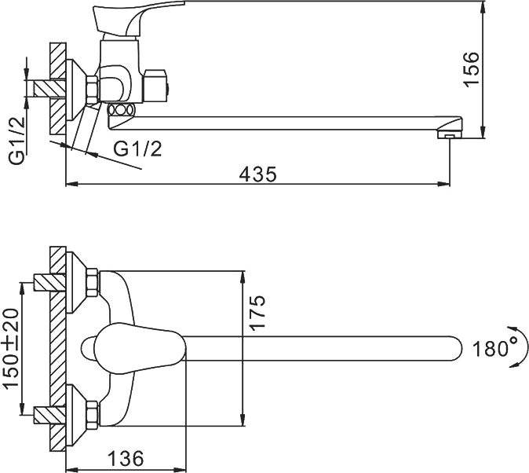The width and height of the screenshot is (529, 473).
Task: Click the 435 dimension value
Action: (258, 174)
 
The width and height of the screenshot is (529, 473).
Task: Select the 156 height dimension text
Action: (493, 68)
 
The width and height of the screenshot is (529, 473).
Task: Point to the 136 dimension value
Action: (126, 456)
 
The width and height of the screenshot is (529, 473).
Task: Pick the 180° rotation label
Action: (491, 348)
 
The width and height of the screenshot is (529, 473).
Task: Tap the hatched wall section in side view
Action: (57, 86)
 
